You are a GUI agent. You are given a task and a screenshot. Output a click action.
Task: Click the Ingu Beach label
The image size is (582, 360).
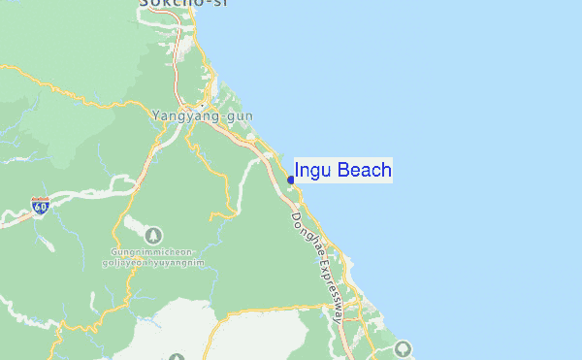point(343,172)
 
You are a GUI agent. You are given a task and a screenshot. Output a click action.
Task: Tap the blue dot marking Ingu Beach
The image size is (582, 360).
point(291,180)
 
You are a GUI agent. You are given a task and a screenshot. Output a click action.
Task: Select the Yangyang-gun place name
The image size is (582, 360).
point(202,115)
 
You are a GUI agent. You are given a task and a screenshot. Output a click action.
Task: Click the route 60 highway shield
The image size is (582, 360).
point(40,207)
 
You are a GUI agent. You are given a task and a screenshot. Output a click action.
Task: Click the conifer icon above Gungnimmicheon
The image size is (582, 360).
point(153,235)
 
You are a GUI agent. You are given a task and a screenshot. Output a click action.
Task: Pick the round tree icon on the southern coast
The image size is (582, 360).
point(404,348)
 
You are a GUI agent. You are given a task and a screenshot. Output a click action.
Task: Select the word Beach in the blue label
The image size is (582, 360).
point(365,172)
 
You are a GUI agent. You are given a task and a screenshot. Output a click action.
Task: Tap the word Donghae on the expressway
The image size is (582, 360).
point(305,233)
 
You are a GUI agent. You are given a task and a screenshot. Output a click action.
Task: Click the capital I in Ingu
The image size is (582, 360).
point(297,172)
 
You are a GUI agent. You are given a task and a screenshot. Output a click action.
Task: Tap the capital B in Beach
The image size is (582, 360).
point(344,172)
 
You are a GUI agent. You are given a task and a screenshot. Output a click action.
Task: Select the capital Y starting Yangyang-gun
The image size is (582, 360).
point(156,115)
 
